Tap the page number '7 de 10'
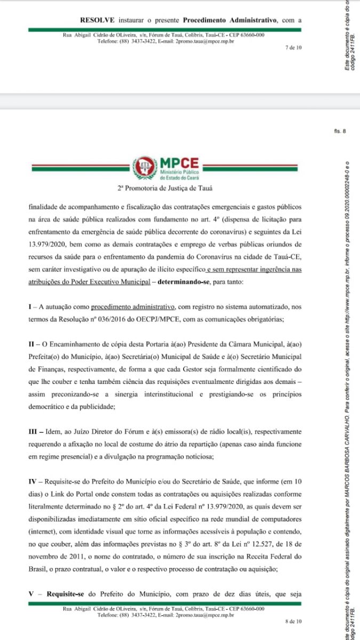[x=293, y=47]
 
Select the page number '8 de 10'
[x=293, y=621]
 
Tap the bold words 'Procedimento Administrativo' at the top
[x=229, y=20]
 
